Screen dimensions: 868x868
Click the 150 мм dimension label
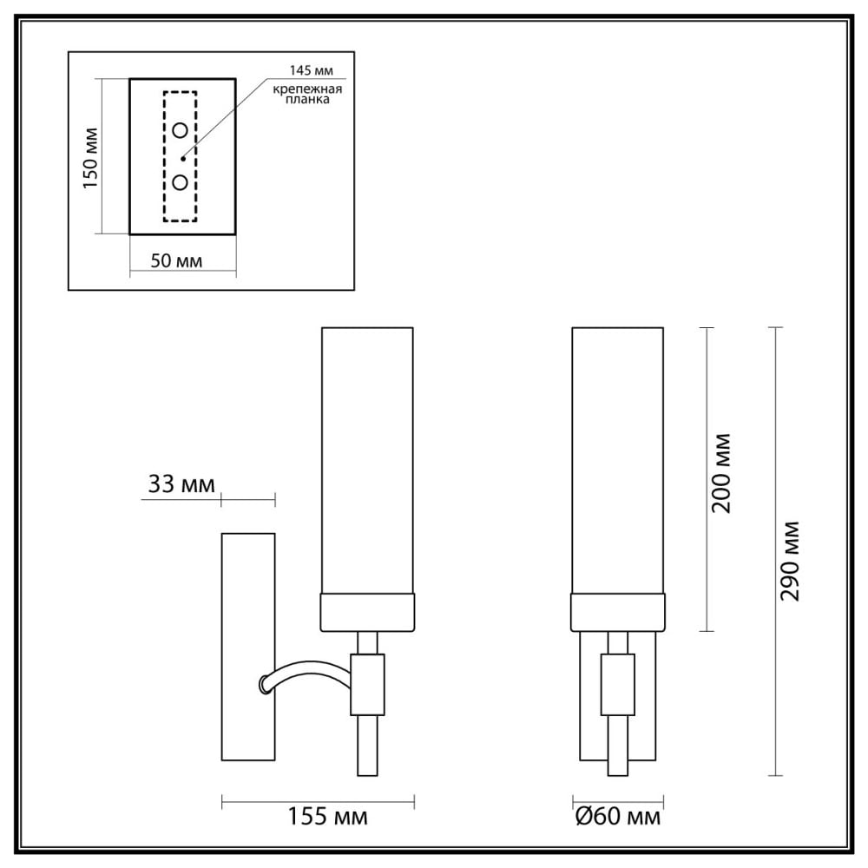tap(90, 158)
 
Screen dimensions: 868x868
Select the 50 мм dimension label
tap(176, 260)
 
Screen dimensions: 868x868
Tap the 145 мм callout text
tap(311, 71)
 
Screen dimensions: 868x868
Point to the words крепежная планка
tap(307, 94)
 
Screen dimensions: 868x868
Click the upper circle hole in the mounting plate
tap(181, 131)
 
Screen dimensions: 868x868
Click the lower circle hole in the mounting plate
tap(181, 182)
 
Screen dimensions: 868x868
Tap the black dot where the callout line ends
tap(182, 159)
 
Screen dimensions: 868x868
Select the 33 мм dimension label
tap(181, 484)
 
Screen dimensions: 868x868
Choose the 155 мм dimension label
tap(328, 817)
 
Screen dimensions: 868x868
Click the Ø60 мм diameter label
tap(618, 817)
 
